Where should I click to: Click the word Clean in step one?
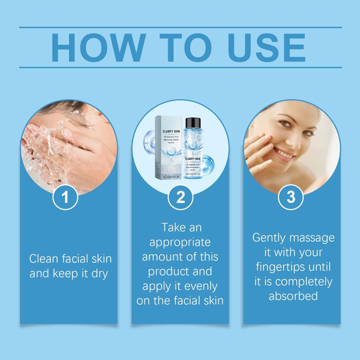43,259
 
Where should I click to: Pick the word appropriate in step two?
180,242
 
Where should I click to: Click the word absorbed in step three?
293,296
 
